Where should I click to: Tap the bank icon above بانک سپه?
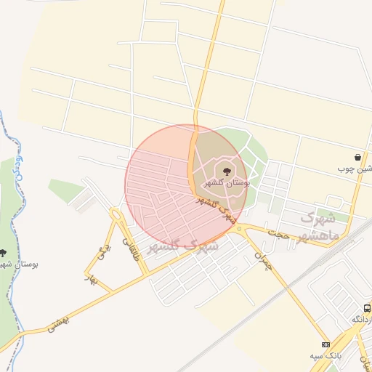click(x=325, y=344)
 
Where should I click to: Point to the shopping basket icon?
click(x=358, y=157)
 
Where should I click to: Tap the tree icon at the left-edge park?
click(x=3, y=253)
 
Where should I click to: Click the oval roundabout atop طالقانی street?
click(x=115, y=214)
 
